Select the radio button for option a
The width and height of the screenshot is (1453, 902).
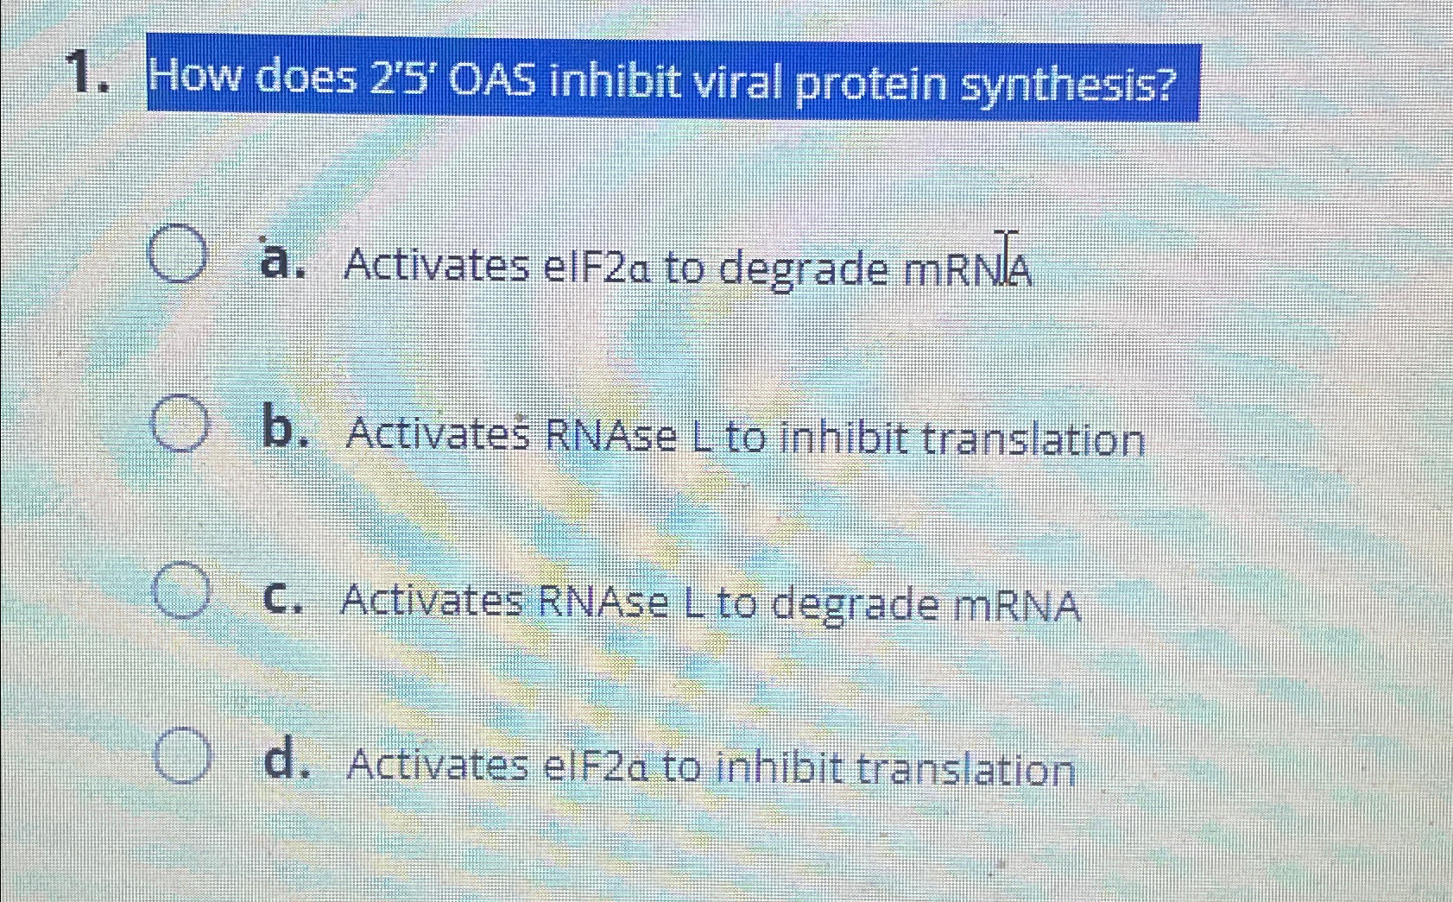(178, 254)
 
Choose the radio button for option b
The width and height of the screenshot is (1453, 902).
(180, 423)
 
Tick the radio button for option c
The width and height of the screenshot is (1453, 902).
(181, 590)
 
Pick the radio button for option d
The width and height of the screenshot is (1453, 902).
(183, 755)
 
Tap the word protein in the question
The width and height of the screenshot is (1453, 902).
(870, 85)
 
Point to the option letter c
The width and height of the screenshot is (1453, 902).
(283, 598)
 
